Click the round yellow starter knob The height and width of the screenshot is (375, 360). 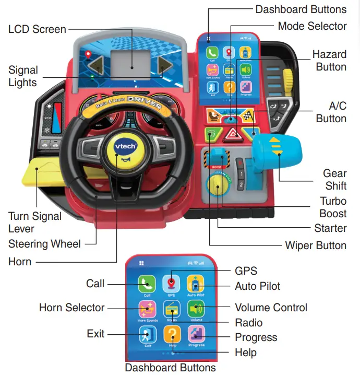[x=215, y=184]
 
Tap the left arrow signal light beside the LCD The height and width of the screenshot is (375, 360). [x=97, y=67]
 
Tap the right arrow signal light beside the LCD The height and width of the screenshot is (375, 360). [x=165, y=67]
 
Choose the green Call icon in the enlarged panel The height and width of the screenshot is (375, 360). [x=148, y=284]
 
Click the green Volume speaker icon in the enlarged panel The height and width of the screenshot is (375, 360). [x=196, y=308]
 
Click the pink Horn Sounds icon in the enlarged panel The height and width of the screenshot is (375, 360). [x=148, y=308]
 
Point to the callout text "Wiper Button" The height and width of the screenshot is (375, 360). [x=316, y=245]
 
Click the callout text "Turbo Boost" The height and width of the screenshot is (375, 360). [x=333, y=207]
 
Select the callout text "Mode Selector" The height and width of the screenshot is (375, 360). [x=312, y=26]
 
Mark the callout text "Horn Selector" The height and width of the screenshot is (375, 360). [x=72, y=308]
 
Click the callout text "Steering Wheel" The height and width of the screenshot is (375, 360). [x=44, y=244]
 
